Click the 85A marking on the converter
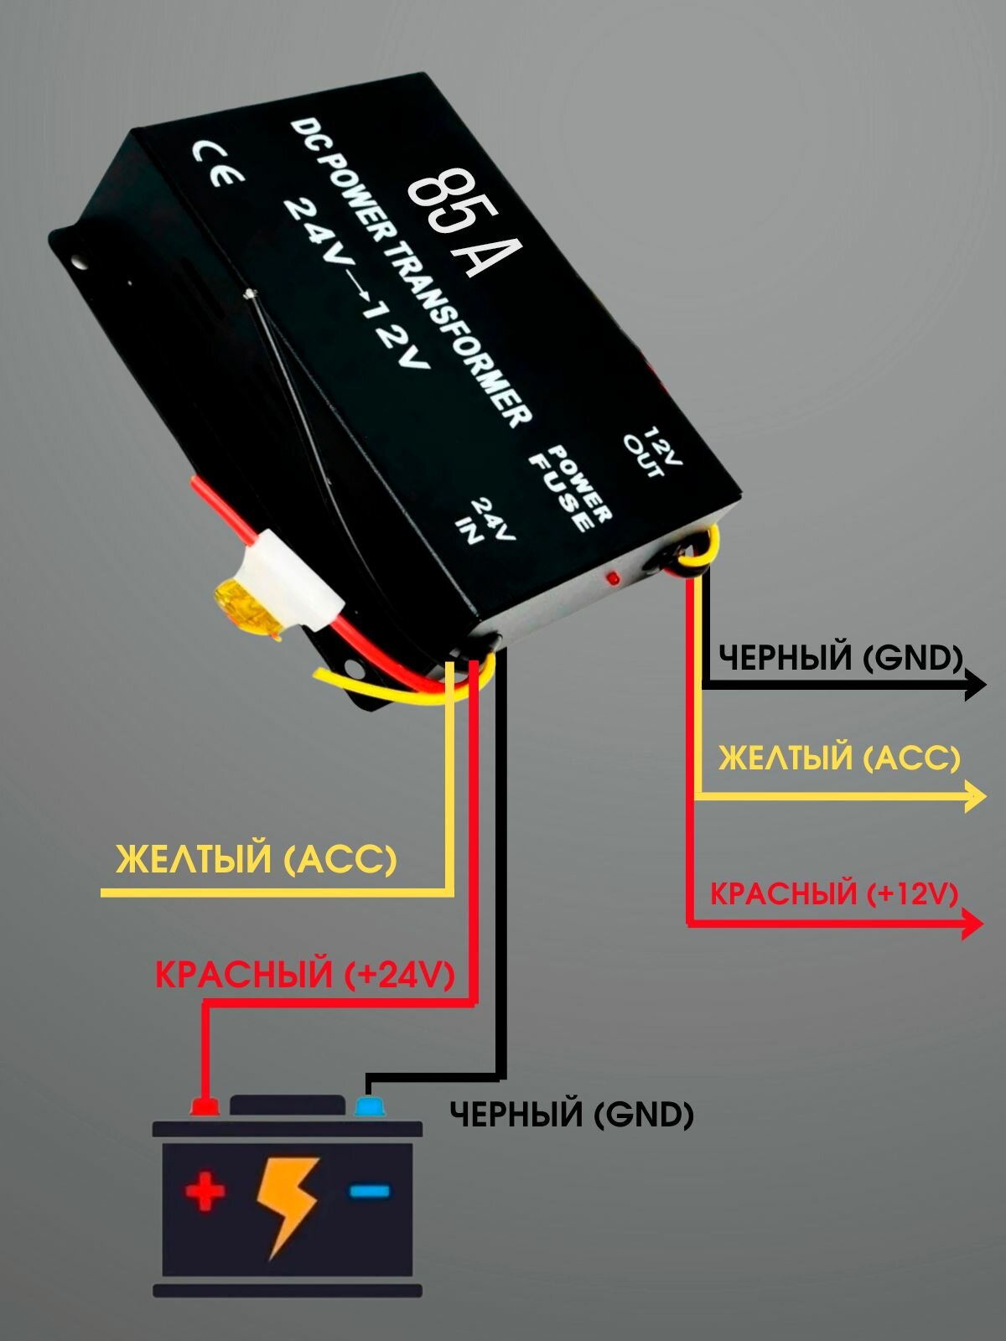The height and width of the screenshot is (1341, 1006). point(463,221)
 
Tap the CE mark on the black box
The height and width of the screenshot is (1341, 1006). point(218,163)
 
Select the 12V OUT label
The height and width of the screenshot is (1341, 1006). point(654,453)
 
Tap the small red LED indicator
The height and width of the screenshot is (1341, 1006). point(613,578)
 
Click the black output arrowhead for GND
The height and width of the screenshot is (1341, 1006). point(975,685)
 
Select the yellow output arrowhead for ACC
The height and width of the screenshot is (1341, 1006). point(975,795)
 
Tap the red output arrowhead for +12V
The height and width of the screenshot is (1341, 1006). point(972,924)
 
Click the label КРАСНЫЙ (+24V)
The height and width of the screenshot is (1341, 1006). point(304,975)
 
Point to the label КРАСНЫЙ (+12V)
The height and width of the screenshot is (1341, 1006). point(833,894)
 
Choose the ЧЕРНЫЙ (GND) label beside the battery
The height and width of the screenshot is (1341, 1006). point(572,1115)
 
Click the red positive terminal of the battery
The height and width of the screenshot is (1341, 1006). point(205,1105)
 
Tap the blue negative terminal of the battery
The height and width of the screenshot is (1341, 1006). point(369,1105)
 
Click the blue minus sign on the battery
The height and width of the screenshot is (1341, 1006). point(369,1190)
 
